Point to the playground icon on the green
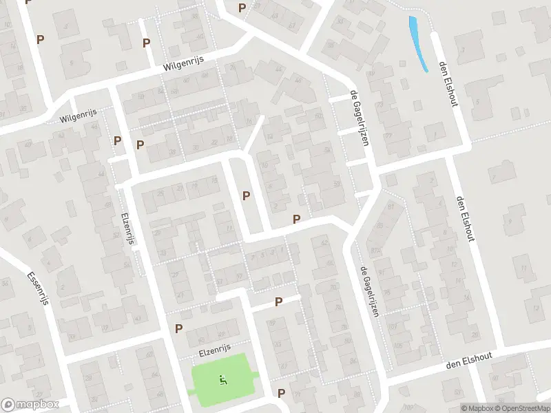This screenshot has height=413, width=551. pyautogui.click(x=222, y=379)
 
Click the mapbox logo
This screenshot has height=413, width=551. pyautogui.click(x=30, y=405)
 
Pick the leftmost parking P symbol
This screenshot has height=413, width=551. pyautogui.click(x=40, y=39)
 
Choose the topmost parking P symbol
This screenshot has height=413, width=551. pyautogui.click(x=242, y=8)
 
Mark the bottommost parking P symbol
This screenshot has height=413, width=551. pyautogui.click(x=281, y=393)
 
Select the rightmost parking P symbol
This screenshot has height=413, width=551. pyautogui.click(x=296, y=219)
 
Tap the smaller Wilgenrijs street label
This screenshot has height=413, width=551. pyautogui.click(x=79, y=115)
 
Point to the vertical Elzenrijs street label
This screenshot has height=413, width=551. pyautogui.click(x=127, y=227)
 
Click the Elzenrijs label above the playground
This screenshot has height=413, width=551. pyautogui.click(x=214, y=349)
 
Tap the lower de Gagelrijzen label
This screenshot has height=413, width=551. pyautogui.click(x=369, y=291)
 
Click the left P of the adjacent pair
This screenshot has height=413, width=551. pyautogui.click(x=118, y=140)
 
